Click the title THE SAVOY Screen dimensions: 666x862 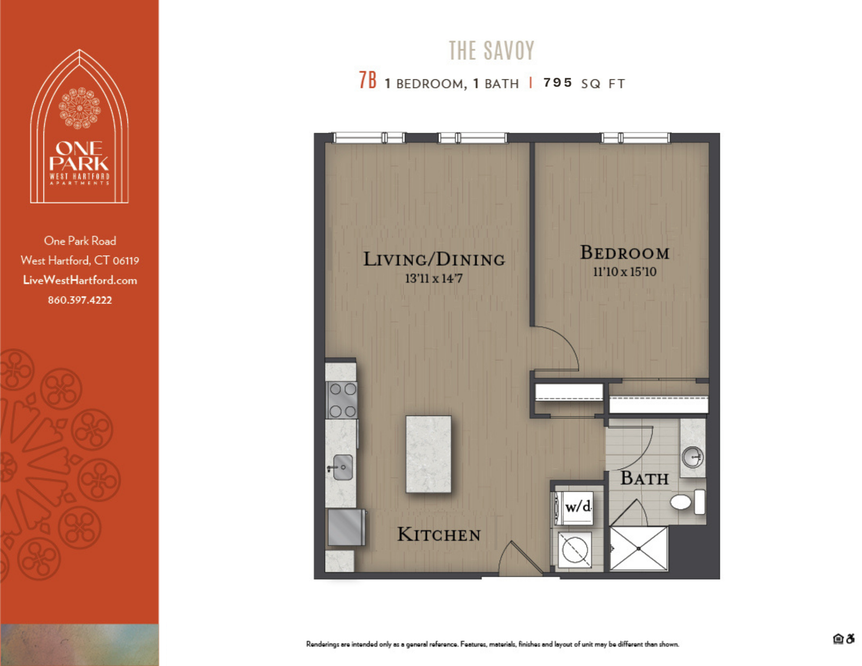point(491,51)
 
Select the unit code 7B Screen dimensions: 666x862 point(367,81)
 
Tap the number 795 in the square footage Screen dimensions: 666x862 point(557,83)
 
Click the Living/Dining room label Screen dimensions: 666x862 point(433,260)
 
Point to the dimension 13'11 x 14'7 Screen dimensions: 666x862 point(433,279)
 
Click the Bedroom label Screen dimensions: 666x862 point(625,253)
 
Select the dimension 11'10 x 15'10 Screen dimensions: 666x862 point(625,272)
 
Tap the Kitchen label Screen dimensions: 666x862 point(438,535)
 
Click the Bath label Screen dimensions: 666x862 point(644,479)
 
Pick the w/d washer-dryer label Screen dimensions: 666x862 point(577,507)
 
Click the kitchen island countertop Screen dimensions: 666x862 point(429,454)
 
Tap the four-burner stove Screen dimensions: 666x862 point(342,400)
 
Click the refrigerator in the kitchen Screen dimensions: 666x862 point(346,527)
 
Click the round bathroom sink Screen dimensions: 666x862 point(693,458)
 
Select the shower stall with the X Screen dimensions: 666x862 point(639,548)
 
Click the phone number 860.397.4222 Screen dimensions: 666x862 point(80,300)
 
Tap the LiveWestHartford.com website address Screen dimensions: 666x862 point(80,281)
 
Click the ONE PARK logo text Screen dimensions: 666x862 point(79,156)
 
